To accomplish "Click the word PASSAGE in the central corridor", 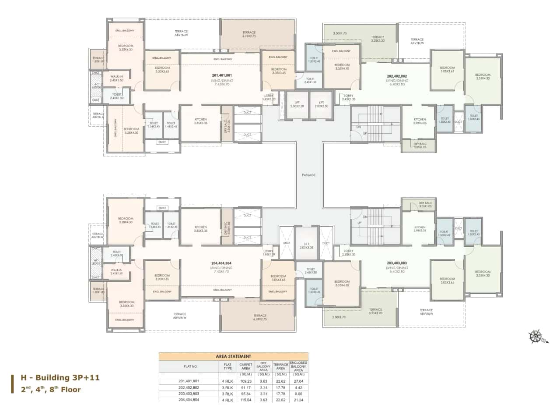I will pos(308,175).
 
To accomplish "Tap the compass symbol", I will pos(535,337).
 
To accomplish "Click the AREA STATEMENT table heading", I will pos(233,356).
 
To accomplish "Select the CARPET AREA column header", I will pos(245,366).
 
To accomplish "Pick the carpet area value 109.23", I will pos(245,381).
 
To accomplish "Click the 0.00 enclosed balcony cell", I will pos(298,394).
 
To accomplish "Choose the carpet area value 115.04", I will pos(245,400).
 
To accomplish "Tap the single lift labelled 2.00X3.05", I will pos(308,246).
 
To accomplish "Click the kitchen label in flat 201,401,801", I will pos(201,121).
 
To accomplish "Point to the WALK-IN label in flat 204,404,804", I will pos(116,271).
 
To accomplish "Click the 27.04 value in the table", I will pos(298,381).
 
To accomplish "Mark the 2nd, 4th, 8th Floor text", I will pos(51,389).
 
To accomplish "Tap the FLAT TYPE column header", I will pos(227,366).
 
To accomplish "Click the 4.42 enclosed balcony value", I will pos(298,387).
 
